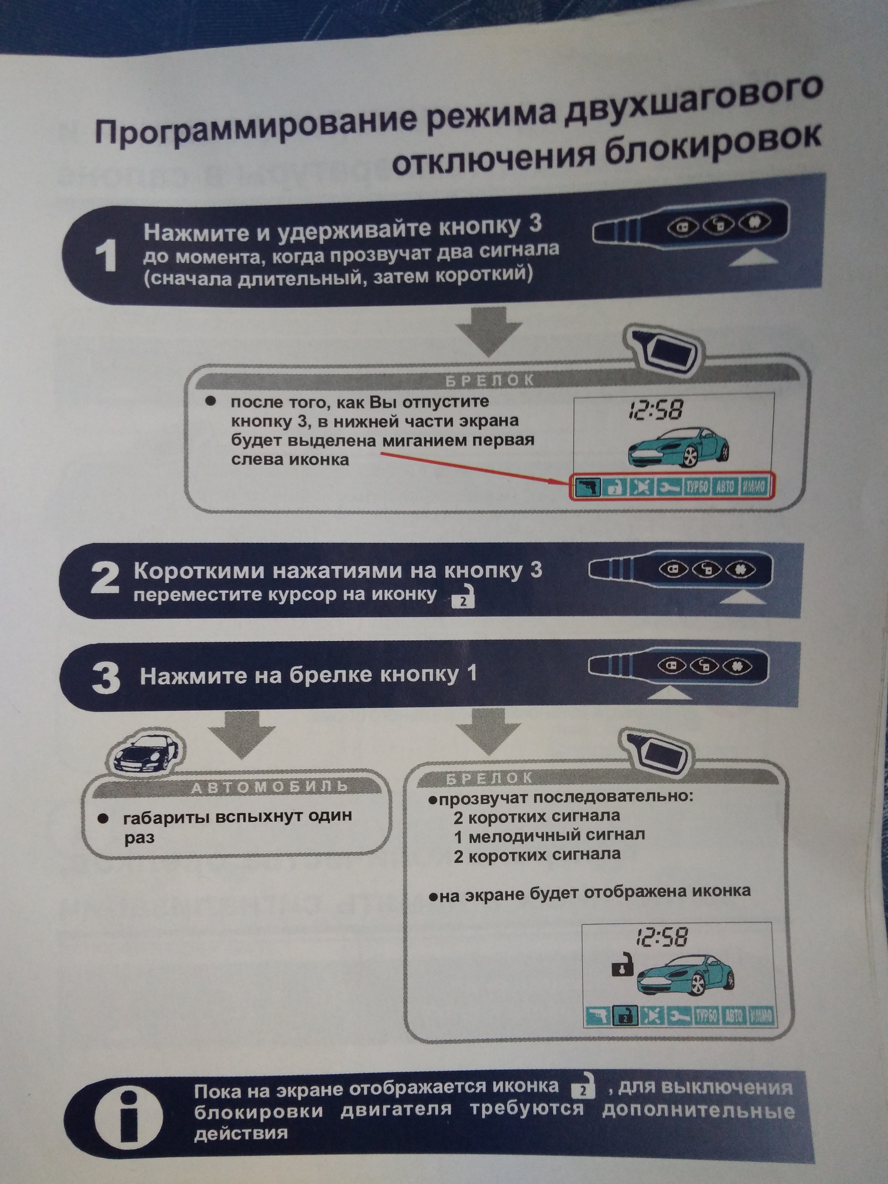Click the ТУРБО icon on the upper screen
[x=697, y=487]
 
